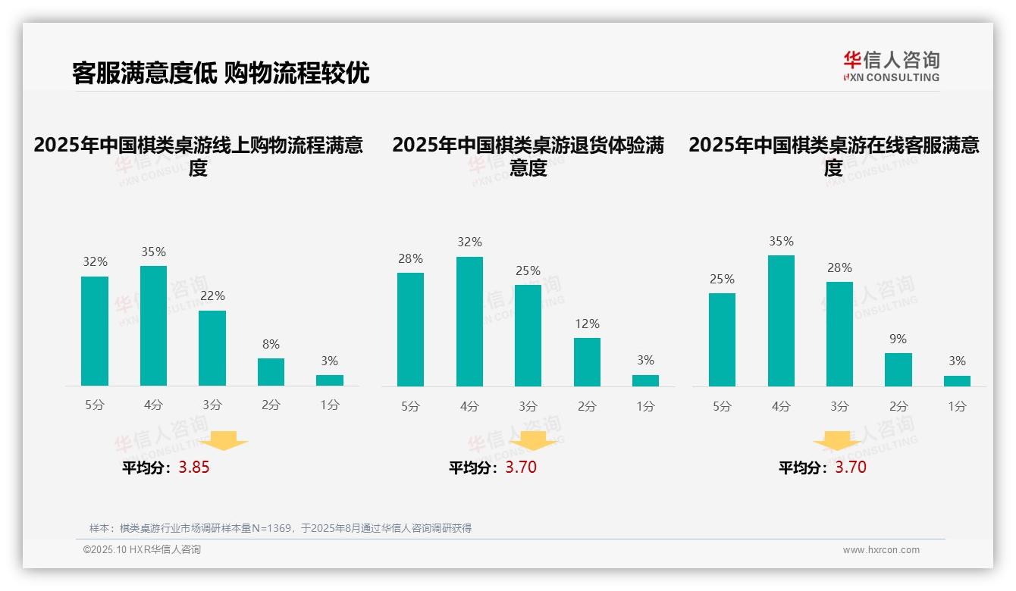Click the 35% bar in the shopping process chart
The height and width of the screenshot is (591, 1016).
point(153,326)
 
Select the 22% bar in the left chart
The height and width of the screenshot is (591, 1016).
point(212,349)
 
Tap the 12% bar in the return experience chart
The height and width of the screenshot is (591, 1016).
point(587,362)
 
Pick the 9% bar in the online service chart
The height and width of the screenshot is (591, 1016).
point(898,370)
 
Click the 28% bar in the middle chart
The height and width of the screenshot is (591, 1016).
point(410,330)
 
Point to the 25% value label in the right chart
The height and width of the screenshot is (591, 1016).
point(722,280)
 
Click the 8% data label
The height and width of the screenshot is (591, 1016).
point(271,344)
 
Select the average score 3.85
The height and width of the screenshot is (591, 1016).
point(194,467)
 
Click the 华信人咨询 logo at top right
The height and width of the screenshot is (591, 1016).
point(891,66)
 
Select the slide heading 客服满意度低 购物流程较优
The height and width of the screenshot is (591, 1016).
point(221,73)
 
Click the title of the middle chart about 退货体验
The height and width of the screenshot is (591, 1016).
point(528,156)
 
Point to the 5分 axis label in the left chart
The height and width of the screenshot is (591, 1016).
point(95,405)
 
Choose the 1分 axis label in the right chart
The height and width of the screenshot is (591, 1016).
point(957,407)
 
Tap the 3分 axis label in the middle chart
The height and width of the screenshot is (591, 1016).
point(528,407)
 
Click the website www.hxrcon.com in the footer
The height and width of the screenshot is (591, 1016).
point(881,550)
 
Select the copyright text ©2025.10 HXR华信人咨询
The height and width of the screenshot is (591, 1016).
point(142,550)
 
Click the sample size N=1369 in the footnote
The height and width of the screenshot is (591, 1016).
point(271,528)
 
